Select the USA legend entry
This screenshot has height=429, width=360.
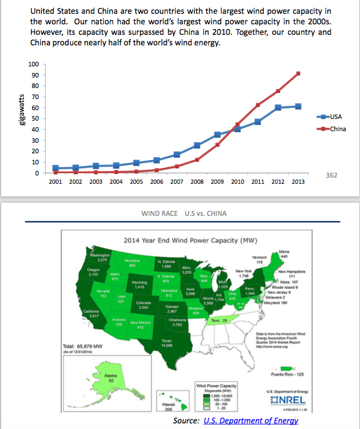tap(336, 117)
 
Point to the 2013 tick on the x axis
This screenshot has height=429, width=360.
tap(298, 181)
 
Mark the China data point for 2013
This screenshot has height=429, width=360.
tap(298, 73)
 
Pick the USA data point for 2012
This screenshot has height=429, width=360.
tap(278, 107)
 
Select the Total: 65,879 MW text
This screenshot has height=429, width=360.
tap(81, 347)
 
